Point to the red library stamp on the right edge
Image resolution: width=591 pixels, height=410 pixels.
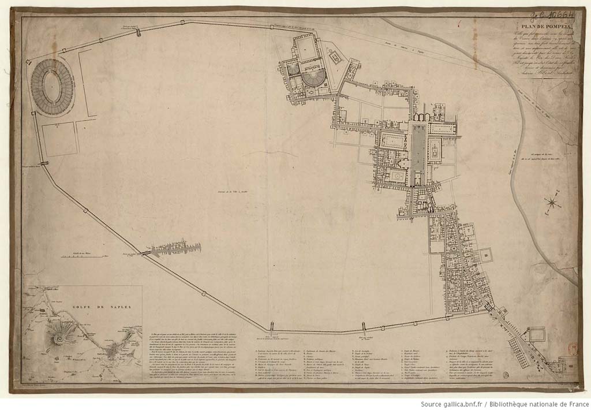[573, 349]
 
